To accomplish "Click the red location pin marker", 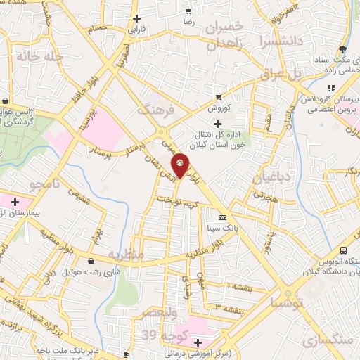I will (x=181, y=165).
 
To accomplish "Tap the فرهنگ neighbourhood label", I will (x=154, y=110).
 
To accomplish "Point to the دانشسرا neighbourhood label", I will (x=280, y=41).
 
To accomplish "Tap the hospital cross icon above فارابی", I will (x=136, y=18).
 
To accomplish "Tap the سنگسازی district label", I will (x=328, y=340).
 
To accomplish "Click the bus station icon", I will (x=343, y=251).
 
